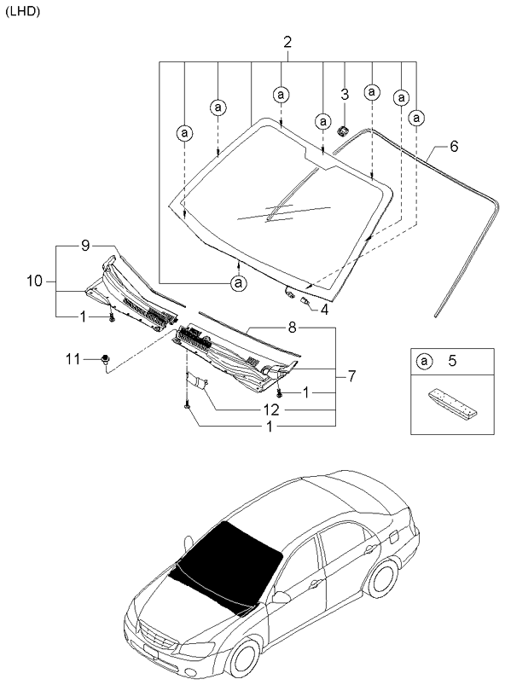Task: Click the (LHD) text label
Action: (x=22, y=11)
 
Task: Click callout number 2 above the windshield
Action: (x=287, y=42)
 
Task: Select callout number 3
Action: (x=345, y=94)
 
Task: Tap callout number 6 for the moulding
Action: (x=454, y=147)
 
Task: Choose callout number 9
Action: (x=85, y=246)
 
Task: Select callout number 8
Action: (x=291, y=327)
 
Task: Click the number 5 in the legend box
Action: (x=453, y=362)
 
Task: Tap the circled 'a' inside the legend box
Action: (x=424, y=362)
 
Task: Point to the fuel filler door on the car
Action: (x=392, y=538)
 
